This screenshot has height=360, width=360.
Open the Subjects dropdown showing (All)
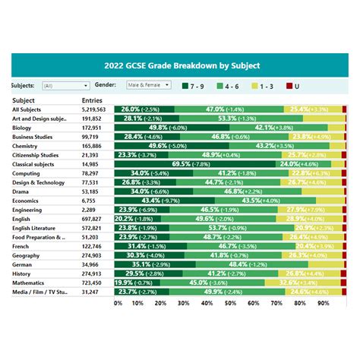point(64,86)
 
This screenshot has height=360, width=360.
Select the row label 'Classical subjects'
point(36,164)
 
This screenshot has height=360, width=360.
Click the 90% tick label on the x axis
point(323,303)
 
